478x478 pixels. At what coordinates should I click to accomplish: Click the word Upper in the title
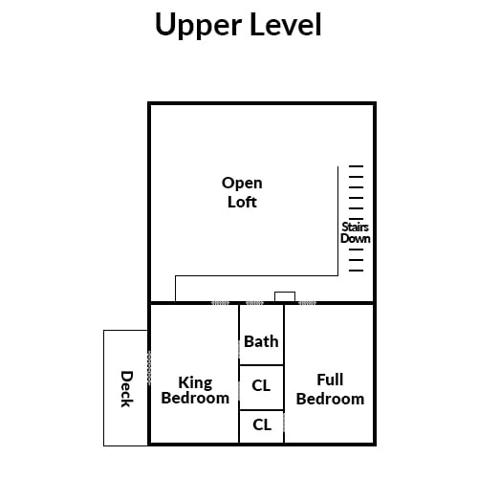pyautogui.click(x=198, y=26)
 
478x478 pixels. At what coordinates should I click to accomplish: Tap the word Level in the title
pyautogui.click(x=286, y=25)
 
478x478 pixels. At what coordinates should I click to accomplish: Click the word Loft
pyautogui.click(x=242, y=202)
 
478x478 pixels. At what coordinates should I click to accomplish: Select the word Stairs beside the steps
pyautogui.click(x=355, y=227)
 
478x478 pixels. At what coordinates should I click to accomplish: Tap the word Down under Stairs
pyautogui.click(x=356, y=238)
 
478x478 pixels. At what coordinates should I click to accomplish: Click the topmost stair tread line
pyautogui.click(x=356, y=166)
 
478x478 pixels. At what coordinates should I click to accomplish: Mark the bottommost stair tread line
pyautogui.click(x=356, y=271)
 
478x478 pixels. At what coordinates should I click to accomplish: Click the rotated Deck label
pyautogui.click(x=126, y=389)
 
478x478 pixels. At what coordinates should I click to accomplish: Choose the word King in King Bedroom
pyautogui.click(x=195, y=382)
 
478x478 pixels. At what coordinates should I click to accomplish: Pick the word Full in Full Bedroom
pyautogui.click(x=330, y=380)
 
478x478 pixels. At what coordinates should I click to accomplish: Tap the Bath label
pyautogui.click(x=261, y=341)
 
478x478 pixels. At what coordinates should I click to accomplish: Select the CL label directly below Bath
pyautogui.click(x=261, y=385)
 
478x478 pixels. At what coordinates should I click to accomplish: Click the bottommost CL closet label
pyautogui.click(x=262, y=424)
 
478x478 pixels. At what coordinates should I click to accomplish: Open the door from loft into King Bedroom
pyautogui.click(x=220, y=303)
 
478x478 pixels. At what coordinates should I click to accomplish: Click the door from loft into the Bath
pyautogui.click(x=255, y=303)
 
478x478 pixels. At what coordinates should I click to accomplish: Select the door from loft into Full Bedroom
pyautogui.click(x=308, y=303)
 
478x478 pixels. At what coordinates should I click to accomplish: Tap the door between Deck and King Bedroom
pyautogui.click(x=149, y=366)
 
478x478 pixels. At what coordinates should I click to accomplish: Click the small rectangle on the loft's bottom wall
pyautogui.click(x=285, y=296)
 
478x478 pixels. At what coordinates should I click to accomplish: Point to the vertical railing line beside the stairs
pyautogui.click(x=337, y=221)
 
